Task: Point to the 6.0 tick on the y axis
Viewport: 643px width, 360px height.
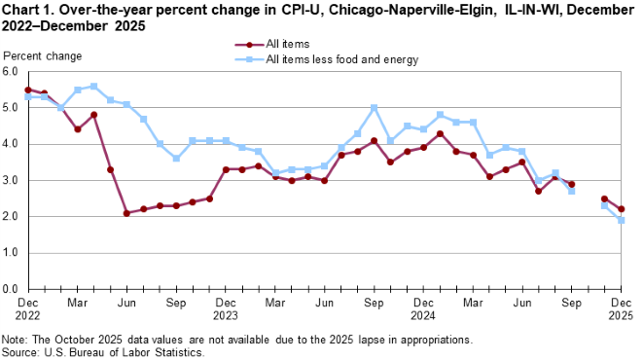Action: (12, 72)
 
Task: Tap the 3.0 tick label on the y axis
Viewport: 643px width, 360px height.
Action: (12, 181)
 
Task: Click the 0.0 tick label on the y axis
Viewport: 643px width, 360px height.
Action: (12, 290)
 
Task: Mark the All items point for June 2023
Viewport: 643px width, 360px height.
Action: (126, 213)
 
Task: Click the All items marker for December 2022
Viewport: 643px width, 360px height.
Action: (27, 90)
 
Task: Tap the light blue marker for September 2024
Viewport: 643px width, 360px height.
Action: (374, 108)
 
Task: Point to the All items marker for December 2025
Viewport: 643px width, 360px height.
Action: (621, 209)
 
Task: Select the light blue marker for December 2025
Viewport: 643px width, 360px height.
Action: (621, 220)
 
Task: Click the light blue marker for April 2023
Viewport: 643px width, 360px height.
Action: (93, 87)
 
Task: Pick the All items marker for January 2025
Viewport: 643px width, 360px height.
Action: (440, 133)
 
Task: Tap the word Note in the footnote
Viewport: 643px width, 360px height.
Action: (16, 340)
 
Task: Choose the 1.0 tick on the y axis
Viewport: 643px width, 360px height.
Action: (12, 253)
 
